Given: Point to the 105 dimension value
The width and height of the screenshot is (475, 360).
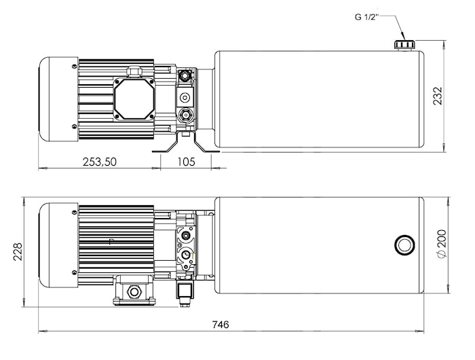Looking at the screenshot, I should pyautogui.click(x=186, y=162).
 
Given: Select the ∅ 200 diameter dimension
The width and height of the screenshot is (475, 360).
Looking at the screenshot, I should pyautogui.click(x=442, y=244).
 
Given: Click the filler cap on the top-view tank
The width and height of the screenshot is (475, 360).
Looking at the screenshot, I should pyautogui.click(x=404, y=44).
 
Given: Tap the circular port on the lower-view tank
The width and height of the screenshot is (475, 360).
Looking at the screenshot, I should pyautogui.click(x=402, y=245).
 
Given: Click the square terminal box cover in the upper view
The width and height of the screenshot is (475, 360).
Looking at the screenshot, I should pyautogui.click(x=133, y=98).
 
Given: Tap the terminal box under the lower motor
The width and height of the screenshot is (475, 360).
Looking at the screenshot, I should pyautogui.click(x=134, y=291).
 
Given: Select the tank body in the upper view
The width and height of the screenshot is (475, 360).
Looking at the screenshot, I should pyautogui.click(x=319, y=98).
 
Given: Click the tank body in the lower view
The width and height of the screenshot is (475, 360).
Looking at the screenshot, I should pyautogui.click(x=319, y=245).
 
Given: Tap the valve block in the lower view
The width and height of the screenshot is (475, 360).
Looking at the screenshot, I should pyautogui.click(x=185, y=245).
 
